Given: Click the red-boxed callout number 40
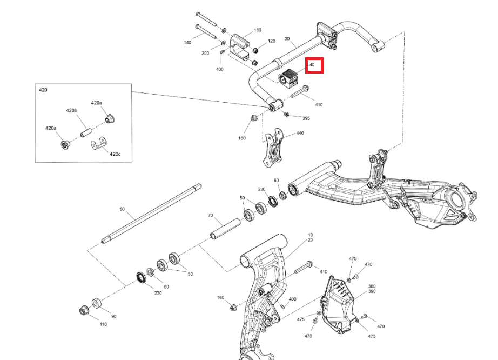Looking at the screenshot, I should (313, 65).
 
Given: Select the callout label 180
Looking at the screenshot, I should (257, 30).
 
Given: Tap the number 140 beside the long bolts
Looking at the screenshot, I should (187, 42).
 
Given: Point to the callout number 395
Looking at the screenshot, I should (306, 118).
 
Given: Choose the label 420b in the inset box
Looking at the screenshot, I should (72, 110).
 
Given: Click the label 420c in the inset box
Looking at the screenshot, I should (115, 154).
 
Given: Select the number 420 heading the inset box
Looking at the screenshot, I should (43, 90).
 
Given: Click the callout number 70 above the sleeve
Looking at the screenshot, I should (211, 215).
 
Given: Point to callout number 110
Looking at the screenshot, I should (103, 324).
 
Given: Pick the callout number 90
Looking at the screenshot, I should (113, 316).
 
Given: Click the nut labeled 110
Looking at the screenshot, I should (84, 311).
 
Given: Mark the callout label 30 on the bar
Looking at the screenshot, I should (287, 39).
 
